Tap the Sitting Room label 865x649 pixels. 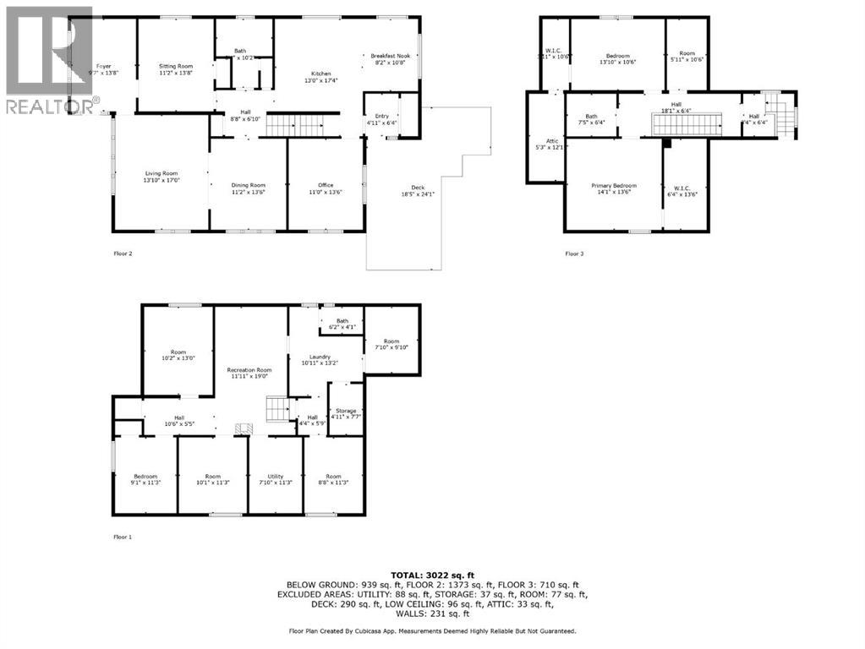176,66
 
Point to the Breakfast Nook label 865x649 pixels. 388,57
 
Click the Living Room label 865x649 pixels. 162,174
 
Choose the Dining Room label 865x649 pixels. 249,186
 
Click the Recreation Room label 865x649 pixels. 249,370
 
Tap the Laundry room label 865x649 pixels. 314,357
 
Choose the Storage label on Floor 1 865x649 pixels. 345,412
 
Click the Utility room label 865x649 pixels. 276,477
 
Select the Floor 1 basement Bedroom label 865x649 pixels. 145,477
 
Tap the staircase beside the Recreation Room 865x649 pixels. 276,410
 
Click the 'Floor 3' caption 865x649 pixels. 575,253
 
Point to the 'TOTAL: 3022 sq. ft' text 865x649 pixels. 432,575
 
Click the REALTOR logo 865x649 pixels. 48,60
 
